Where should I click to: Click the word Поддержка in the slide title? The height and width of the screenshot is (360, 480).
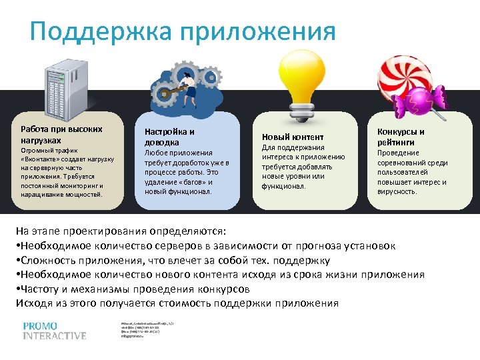[97, 31]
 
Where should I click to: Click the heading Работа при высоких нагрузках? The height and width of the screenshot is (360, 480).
[61, 135]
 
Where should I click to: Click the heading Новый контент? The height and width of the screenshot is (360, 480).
[283, 137]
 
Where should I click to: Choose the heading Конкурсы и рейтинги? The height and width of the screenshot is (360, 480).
[401, 137]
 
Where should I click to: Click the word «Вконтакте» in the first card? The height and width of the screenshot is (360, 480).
[41, 159]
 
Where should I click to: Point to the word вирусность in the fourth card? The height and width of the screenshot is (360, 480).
[397, 191]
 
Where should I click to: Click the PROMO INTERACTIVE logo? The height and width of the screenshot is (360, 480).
[54, 331]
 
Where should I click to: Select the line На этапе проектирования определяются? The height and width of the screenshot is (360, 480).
[121, 231]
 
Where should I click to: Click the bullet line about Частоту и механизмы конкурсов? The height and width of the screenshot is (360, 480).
[133, 289]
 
